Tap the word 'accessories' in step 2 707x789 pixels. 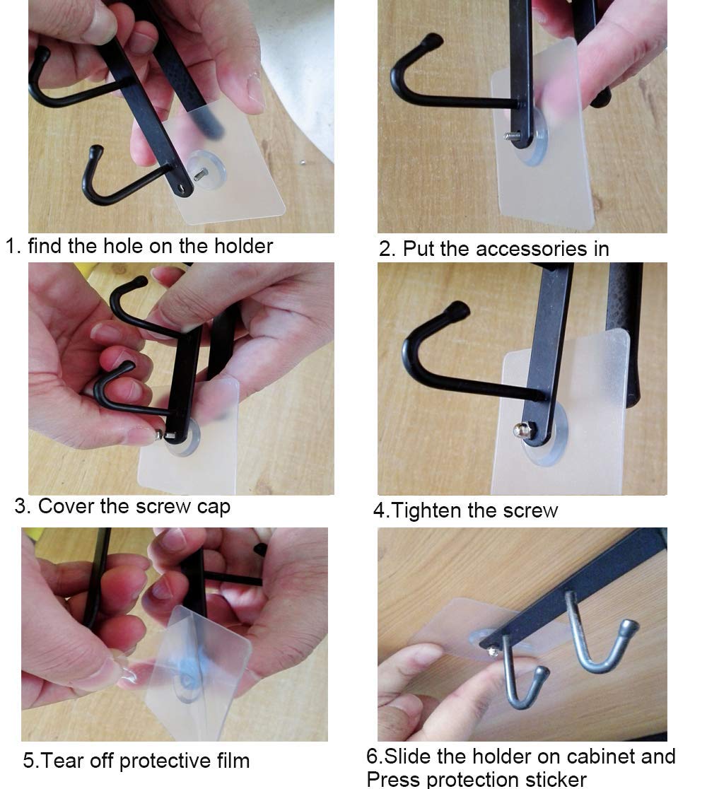point(531,249)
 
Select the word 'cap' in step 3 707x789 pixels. point(214,507)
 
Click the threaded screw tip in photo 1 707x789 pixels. point(201,174)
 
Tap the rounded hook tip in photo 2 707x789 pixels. point(432,40)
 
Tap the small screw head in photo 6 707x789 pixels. point(493,652)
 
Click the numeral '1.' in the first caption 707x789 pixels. point(13,247)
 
